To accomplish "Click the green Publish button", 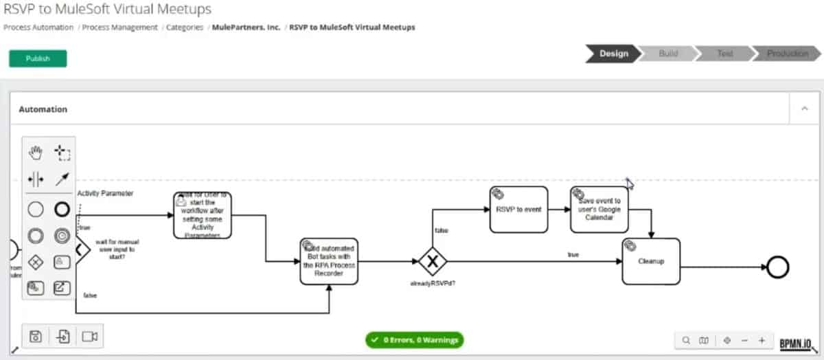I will pyautogui.click(x=38, y=58).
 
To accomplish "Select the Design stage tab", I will pyautogui.click(x=613, y=54).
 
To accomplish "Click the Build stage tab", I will pyautogui.click(x=667, y=54).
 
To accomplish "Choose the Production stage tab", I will pyautogui.click(x=786, y=54).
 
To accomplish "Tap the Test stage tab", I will pyautogui.click(x=724, y=54).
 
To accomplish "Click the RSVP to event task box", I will pyautogui.click(x=518, y=210).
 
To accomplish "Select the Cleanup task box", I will pyautogui.click(x=650, y=261).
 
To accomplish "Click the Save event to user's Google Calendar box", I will pyautogui.click(x=599, y=210).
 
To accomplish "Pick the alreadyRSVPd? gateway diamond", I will pyautogui.click(x=433, y=262).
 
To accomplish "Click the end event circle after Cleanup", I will pyautogui.click(x=777, y=268).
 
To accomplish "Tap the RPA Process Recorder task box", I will pyautogui.click(x=329, y=262).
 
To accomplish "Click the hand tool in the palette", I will pyautogui.click(x=36, y=152).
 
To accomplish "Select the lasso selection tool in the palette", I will pyautogui.click(x=62, y=152).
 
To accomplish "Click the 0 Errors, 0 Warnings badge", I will pyautogui.click(x=414, y=339).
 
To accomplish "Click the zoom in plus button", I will pyautogui.click(x=762, y=340).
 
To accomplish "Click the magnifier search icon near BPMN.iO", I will pyautogui.click(x=685, y=340).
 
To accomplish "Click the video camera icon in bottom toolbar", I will pyautogui.click(x=89, y=336).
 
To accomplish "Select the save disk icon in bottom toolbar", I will pyautogui.click(x=36, y=336).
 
